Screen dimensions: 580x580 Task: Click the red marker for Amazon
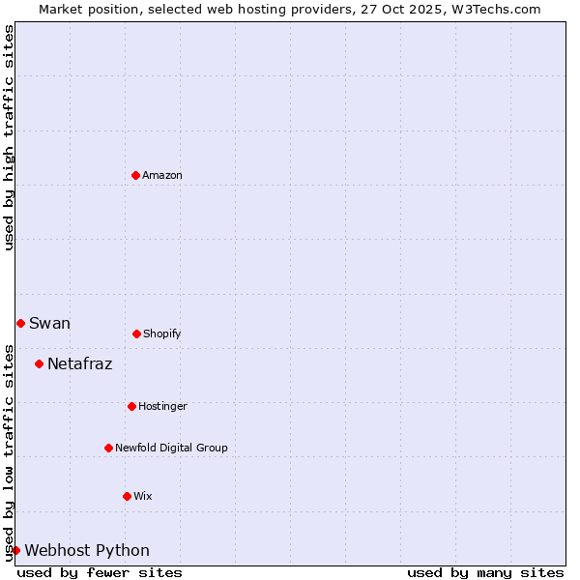[135, 175]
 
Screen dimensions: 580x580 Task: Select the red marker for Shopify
[136, 333]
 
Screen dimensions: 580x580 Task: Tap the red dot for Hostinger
[131, 406]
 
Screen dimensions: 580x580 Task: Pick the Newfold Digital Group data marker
[108, 448]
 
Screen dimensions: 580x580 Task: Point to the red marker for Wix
[127, 496]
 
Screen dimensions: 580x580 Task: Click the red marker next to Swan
[20, 323]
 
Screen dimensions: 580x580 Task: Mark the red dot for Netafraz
[39, 363]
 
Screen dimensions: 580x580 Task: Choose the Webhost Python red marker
[15, 550]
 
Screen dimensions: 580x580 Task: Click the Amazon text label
[162, 175]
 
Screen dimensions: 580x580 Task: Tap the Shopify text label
[162, 333]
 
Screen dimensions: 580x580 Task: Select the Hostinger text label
[162, 406]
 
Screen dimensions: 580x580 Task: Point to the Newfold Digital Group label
[171, 448]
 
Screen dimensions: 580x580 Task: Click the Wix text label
[143, 496]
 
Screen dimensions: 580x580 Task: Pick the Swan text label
[49, 323]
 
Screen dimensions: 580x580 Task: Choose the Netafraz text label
[79, 363]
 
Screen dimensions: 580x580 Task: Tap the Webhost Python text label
[87, 550]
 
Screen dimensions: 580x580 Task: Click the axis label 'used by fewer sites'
[100, 572]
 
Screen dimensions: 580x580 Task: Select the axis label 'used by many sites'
[485, 572]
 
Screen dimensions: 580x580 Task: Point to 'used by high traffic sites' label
[9, 137]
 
